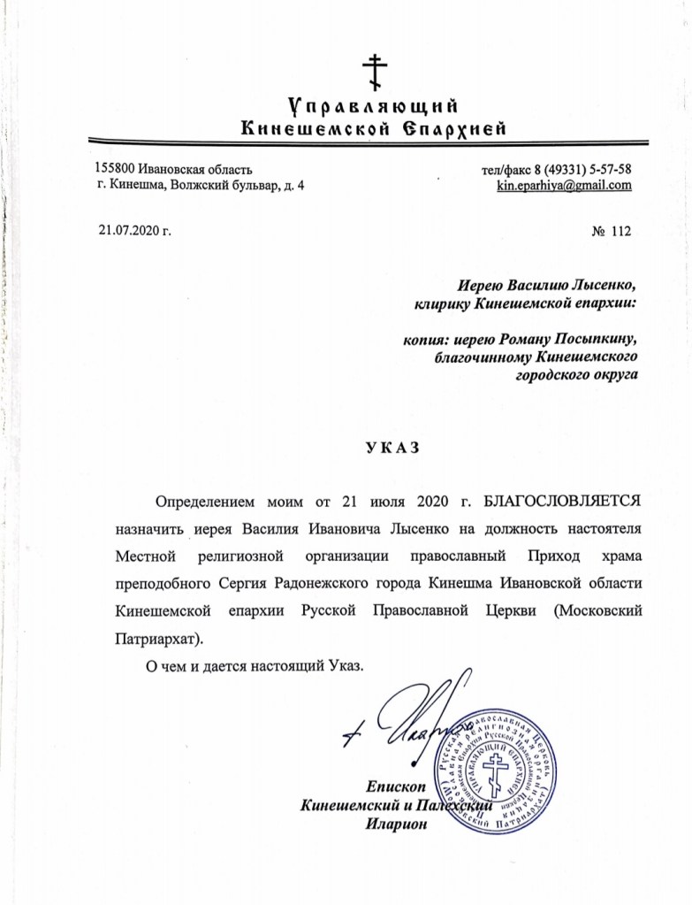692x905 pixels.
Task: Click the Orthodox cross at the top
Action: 375,69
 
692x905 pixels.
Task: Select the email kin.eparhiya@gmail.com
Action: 564,186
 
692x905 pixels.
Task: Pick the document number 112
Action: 621,232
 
